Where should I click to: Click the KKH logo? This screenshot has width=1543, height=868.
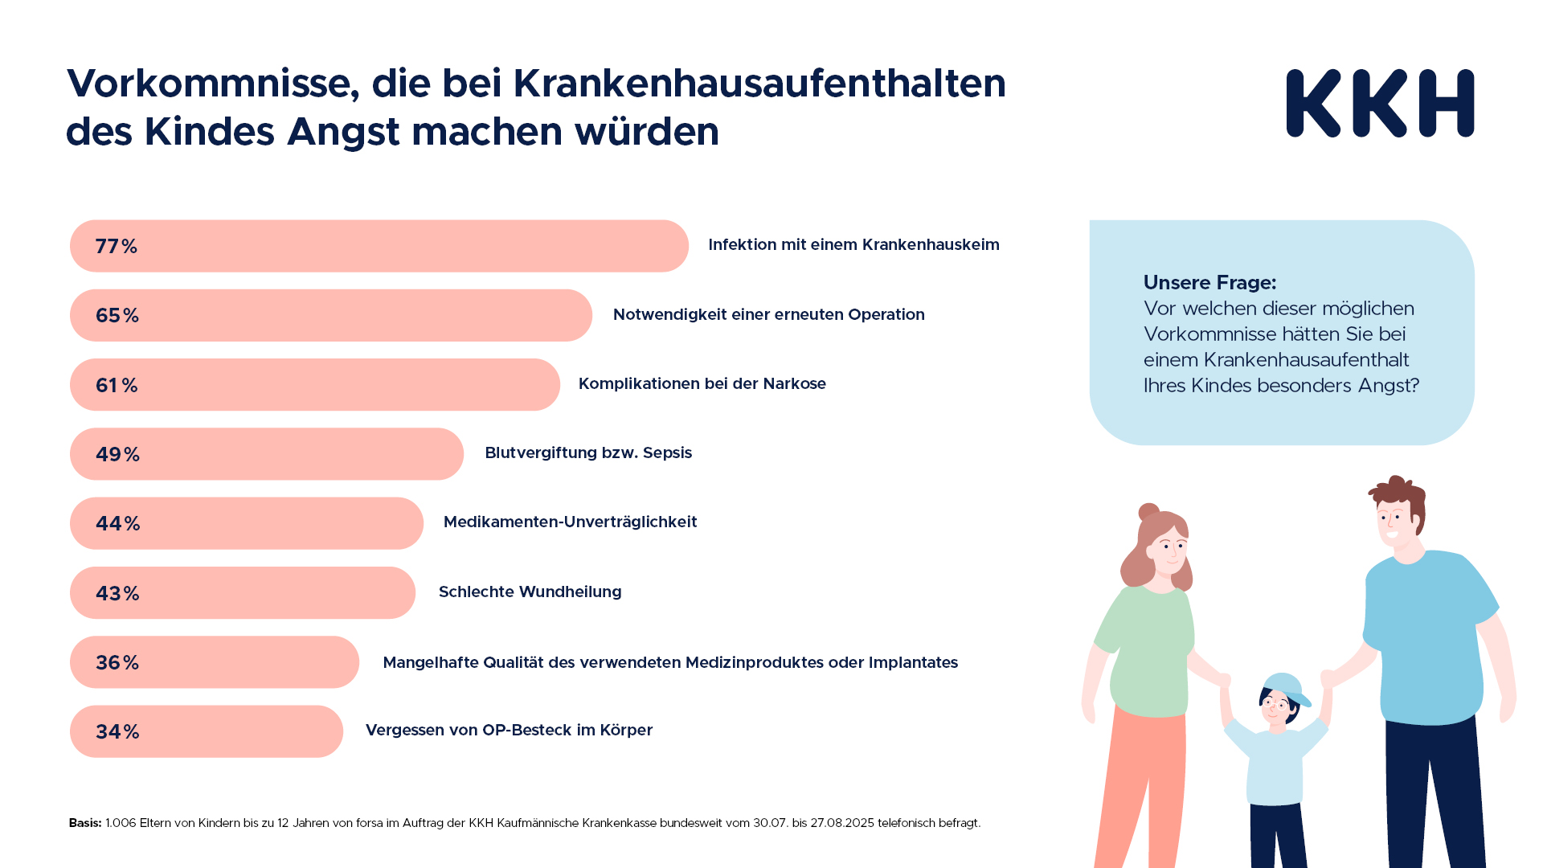(x=1380, y=103)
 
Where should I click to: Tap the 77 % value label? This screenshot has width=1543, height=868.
(x=117, y=246)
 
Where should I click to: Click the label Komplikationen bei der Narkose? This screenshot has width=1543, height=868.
(x=702, y=383)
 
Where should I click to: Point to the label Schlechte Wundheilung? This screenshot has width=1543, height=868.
(x=530, y=592)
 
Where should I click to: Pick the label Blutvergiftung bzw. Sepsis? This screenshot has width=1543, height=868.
(x=587, y=452)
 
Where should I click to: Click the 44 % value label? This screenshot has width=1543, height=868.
(x=117, y=523)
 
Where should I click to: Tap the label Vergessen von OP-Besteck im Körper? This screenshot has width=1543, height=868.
(x=509, y=730)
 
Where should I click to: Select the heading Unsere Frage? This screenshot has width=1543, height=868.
(x=1209, y=282)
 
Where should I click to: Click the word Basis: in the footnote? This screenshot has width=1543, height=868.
(x=85, y=823)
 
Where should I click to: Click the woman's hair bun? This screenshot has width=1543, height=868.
(x=1148, y=512)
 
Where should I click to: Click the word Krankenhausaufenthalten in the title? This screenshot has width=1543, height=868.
(x=759, y=84)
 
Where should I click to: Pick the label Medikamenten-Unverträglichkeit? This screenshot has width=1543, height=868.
(x=570, y=522)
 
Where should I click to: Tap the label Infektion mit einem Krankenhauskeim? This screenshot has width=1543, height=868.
(x=853, y=244)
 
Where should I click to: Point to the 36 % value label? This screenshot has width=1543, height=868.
(x=117, y=662)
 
